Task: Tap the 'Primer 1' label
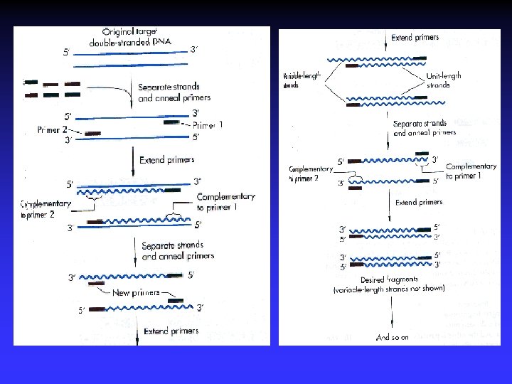(x=208, y=124)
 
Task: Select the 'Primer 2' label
(x=53, y=130)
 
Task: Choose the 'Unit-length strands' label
(x=444, y=80)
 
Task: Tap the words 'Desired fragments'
(x=389, y=279)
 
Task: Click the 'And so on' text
(x=393, y=338)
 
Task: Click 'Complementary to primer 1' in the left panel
(x=225, y=202)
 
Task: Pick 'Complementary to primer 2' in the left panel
(x=46, y=209)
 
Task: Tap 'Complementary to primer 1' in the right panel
(x=471, y=171)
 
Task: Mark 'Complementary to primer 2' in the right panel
(x=311, y=174)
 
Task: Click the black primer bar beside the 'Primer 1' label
(x=171, y=122)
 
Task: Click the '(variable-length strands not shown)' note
(x=389, y=289)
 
